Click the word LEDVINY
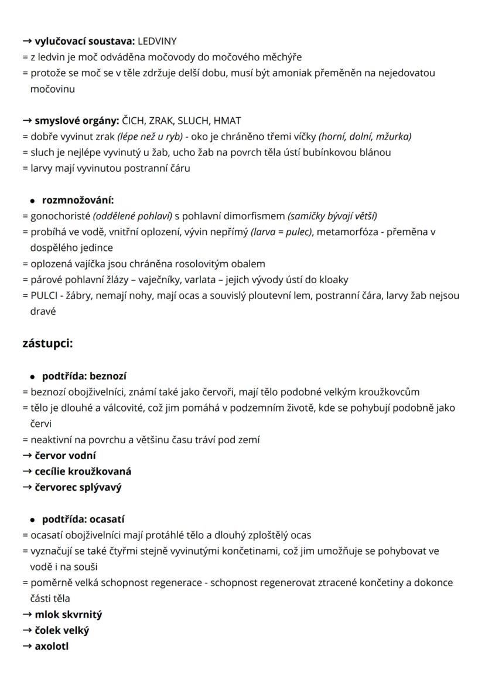[157, 41]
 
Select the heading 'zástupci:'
[47, 343]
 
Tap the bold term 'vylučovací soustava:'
[84, 41]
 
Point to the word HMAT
[227, 121]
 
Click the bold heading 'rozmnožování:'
[78, 200]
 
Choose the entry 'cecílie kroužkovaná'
[83, 471]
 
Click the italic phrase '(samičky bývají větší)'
[332, 216]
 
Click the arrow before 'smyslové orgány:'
[27, 121]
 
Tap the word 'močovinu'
[52, 89]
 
